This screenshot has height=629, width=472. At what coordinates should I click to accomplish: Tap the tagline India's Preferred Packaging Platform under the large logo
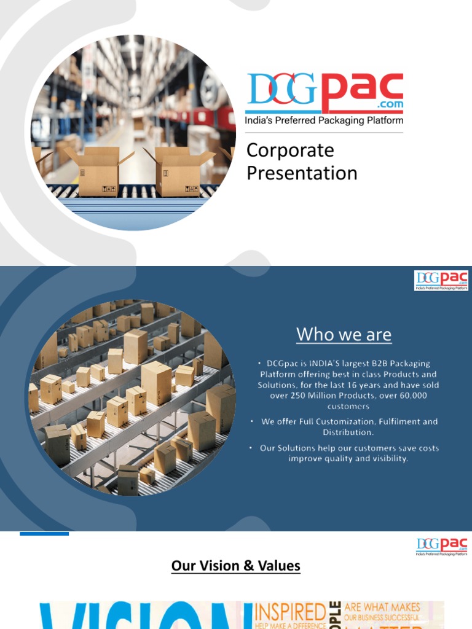pos(324,121)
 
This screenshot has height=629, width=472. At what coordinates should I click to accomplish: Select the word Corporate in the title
pos(290,150)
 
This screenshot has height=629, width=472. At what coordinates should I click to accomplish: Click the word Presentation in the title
pos(302,173)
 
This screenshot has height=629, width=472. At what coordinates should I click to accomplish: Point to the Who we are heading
pos(344,335)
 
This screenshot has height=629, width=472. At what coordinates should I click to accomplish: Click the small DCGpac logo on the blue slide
pos(441,281)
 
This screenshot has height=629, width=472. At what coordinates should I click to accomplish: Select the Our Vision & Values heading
pos(236,566)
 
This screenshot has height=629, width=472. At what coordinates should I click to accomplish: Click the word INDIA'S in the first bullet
pos(318,364)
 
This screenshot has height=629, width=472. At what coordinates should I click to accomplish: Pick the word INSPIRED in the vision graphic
pos(289,611)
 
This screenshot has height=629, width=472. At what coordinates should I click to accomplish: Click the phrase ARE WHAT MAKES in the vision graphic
pos(382,607)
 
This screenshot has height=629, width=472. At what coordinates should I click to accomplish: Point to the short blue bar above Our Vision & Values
pos(44,534)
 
